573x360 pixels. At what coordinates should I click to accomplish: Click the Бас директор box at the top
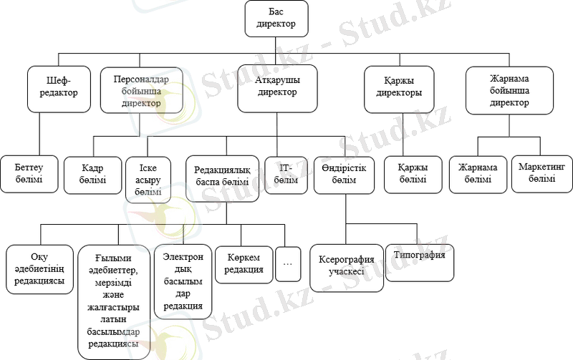click(x=276, y=19)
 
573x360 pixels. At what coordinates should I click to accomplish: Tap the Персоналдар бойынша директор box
click(x=140, y=89)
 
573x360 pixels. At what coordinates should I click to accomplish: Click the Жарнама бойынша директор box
click(x=509, y=89)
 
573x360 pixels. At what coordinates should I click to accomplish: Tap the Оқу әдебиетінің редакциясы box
click(x=40, y=270)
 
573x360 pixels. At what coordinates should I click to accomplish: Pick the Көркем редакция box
click(x=242, y=263)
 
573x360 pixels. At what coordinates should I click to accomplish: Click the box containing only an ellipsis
click(x=288, y=263)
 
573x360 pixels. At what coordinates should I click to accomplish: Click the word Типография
click(x=420, y=256)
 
